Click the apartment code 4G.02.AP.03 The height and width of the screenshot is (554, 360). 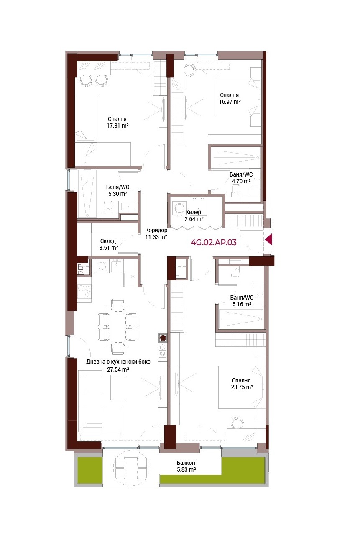(x=214, y=242)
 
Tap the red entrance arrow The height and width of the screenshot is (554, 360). (x=268, y=239)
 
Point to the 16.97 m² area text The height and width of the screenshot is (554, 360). (x=230, y=101)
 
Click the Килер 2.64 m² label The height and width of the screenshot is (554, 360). (x=194, y=215)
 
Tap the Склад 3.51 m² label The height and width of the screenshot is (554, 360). (x=108, y=244)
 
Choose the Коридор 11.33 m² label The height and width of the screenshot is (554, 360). (x=156, y=233)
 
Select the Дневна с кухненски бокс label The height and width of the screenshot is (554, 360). (x=118, y=362)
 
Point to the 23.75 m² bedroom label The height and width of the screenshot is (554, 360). (x=242, y=384)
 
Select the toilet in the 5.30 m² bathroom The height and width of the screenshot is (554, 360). (x=108, y=207)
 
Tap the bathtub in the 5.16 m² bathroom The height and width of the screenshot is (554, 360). (x=241, y=319)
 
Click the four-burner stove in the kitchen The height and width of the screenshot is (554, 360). (x=102, y=266)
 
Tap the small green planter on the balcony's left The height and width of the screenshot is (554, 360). (x=90, y=470)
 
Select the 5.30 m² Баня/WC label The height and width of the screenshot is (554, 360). (x=117, y=190)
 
